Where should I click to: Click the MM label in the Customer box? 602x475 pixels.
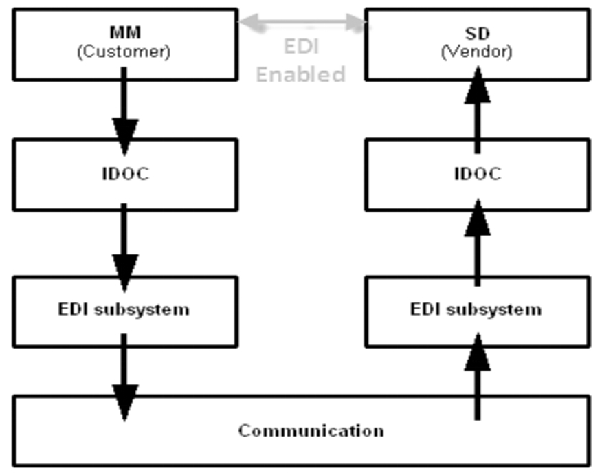124,32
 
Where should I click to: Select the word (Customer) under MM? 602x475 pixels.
124,52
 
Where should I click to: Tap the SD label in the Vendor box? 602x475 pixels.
477,32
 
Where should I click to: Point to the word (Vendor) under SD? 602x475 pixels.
477,52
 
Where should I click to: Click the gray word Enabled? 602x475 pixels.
301,74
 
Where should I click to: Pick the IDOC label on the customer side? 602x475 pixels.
124,174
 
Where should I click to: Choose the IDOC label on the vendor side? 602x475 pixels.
477,174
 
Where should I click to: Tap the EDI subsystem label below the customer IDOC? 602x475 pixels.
124,309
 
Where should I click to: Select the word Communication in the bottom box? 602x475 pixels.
311,431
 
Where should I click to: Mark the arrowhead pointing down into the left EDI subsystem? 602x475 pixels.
124,271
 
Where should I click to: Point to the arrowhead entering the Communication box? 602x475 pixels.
124,400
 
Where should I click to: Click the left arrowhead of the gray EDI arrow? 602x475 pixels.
246,22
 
